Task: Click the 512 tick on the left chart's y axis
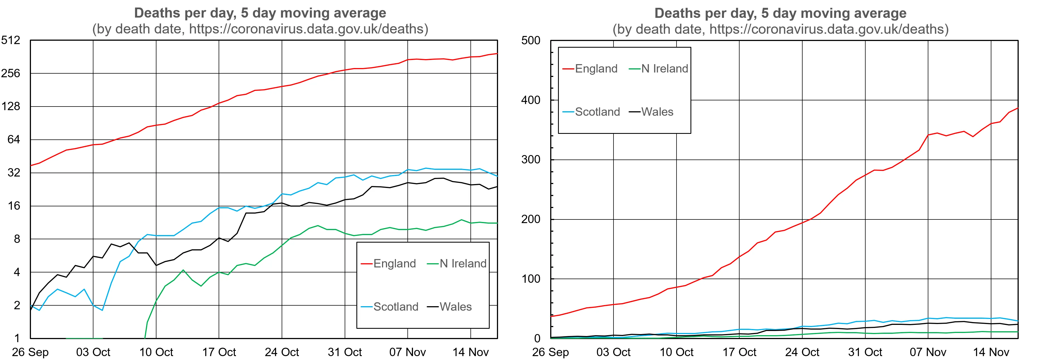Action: [11, 40]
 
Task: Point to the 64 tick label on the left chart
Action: [13, 140]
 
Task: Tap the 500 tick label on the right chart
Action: [531, 40]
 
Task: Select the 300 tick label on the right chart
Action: [531, 160]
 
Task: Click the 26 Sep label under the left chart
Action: [30, 352]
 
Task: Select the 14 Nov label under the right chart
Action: [991, 352]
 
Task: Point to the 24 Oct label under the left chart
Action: [282, 352]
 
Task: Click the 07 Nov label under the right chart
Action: [928, 352]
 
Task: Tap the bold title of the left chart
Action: [260, 13]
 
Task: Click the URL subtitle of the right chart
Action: [780, 29]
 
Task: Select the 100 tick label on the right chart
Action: [531, 279]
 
